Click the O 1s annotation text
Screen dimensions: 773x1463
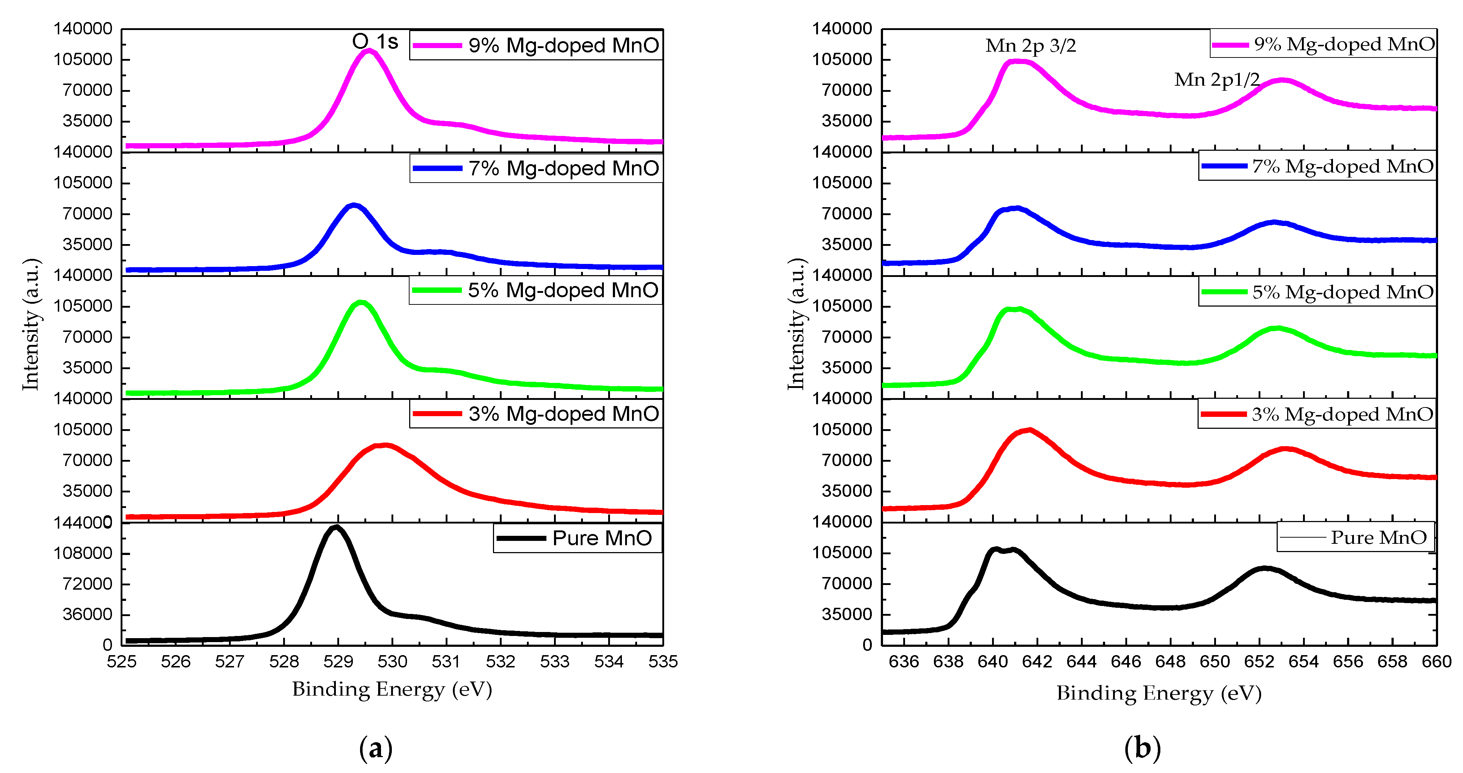(375, 42)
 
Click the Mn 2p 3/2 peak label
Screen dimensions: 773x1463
(1030, 46)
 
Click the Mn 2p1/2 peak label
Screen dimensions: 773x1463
(1216, 80)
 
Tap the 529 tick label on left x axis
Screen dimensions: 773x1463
(338, 662)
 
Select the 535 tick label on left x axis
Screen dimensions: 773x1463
(663, 662)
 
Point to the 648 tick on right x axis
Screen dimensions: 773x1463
(1170, 662)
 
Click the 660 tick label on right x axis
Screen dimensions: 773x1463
(1436, 662)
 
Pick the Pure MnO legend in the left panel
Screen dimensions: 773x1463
(577, 538)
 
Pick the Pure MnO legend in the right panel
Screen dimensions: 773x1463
(1355, 537)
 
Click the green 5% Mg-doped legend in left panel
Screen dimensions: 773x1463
(536, 290)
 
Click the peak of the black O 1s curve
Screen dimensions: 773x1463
(336, 528)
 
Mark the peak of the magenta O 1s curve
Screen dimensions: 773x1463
(369, 51)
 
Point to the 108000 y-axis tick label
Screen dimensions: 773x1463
(83, 553)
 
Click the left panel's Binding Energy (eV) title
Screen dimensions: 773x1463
(392, 689)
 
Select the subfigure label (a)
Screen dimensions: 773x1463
(375, 748)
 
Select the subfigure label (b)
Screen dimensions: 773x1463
(1142, 748)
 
